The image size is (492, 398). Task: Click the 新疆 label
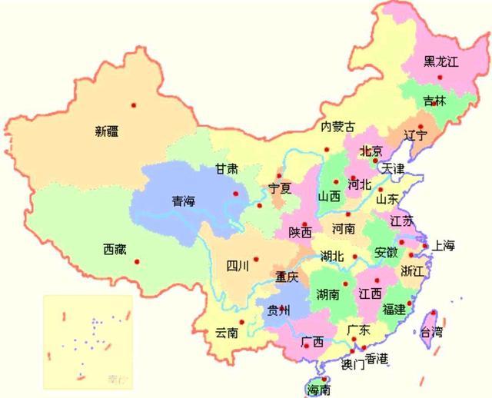click(x=107, y=131)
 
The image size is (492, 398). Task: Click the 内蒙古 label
click(x=337, y=126)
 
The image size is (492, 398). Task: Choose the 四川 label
click(x=238, y=267)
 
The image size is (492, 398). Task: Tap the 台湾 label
click(x=430, y=332)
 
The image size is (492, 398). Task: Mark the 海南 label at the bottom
click(x=318, y=390)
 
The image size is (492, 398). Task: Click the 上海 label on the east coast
click(x=444, y=246)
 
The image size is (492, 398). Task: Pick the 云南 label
click(x=227, y=333)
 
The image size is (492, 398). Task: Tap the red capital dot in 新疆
click(x=134, y=104)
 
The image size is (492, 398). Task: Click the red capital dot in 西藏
click(x=138, y=261)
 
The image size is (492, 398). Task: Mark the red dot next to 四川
click(x=257, y=259)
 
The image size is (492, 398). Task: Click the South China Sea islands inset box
click(x=85, y=339)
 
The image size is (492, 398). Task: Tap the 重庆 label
click(x=287, y=277)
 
